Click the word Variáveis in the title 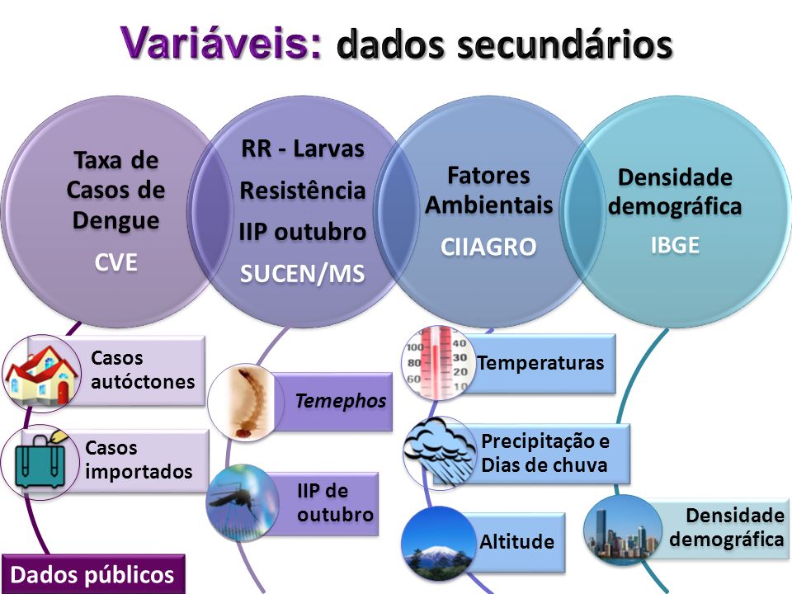221,42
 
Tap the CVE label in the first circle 115,262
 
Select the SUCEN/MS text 302,274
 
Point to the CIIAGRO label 488,247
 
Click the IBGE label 675,245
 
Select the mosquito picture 242,502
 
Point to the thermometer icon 438,362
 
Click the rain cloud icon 440,452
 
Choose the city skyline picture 622,531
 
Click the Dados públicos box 93,574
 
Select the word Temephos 341,401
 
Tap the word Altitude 516,542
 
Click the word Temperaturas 541,363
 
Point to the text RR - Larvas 303,149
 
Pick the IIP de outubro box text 335,502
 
